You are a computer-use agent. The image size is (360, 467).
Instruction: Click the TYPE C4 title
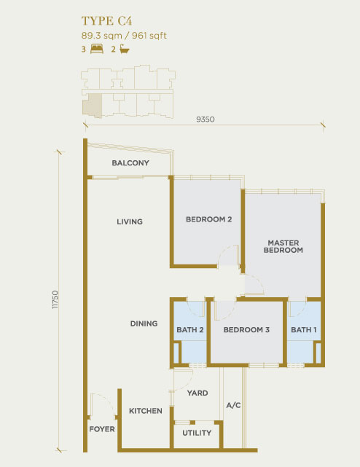106,21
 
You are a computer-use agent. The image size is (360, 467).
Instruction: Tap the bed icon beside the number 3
96,49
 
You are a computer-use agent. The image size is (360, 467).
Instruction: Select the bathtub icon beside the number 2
125,49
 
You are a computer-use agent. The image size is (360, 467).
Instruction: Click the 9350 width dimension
206,119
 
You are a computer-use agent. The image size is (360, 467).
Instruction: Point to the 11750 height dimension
55,299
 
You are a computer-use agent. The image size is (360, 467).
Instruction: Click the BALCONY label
130,163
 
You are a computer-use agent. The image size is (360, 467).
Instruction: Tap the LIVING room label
130,221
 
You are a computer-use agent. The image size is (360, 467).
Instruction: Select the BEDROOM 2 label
208,219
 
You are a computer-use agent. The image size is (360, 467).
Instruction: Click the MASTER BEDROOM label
283,246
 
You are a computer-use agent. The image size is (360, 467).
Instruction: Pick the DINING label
144,323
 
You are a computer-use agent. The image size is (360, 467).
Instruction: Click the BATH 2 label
189,330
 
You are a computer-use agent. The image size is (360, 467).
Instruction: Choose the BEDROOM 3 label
246,330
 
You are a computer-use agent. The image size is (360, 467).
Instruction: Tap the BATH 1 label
304,330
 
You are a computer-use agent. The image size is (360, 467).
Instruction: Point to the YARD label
197,393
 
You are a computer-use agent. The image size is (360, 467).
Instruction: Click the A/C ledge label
233,405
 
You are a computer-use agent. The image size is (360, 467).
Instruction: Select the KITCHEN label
146,411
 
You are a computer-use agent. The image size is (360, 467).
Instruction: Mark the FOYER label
102,429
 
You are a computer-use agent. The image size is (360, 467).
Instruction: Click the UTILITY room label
197,433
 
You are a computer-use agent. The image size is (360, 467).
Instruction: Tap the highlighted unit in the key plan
93,106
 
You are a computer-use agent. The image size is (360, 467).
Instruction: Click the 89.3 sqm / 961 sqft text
124,36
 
